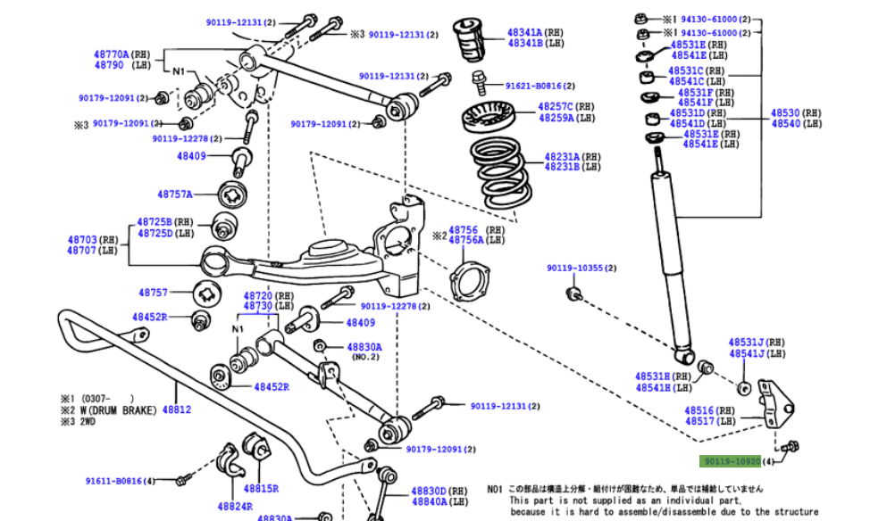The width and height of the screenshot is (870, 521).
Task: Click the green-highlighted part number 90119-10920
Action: pyautogui.click(x=731, y=461)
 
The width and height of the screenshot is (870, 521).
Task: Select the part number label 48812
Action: pyautogui.click(x=176, y=410)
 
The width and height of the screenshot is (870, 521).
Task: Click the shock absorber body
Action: pyautogui.click(x=671, y=259)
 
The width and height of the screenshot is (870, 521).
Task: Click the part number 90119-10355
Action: pyautogui.click(x=575, y=268)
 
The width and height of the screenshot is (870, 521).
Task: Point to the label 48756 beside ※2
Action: pyautogui.click(x=463, y=229)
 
